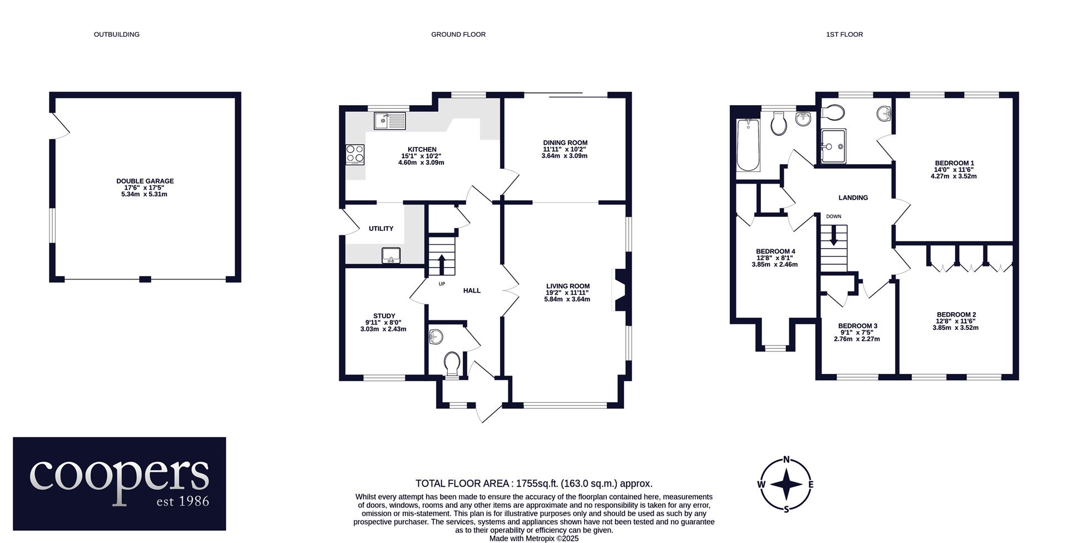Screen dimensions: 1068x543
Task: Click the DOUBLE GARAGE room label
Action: coord(145,181)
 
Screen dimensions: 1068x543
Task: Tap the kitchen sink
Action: coord(390,121)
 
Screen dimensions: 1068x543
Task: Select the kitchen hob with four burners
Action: coord(355,154)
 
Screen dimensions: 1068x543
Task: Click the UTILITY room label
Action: coord(381,229)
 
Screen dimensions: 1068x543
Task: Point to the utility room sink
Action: coord(391,255)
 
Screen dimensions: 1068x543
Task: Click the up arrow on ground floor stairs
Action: coord(442,265)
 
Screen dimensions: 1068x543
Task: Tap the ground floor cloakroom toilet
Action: coord(452,365)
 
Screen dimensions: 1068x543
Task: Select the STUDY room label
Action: coord(384,316)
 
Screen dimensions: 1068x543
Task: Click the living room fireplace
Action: coord(619,290)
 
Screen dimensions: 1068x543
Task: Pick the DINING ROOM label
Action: coord(565,143)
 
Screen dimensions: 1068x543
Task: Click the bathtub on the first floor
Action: coord(748,145)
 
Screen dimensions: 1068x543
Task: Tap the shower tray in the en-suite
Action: coord(833,147)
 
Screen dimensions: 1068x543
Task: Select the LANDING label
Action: coord(853,198)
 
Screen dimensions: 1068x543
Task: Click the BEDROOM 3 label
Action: coord(858,326)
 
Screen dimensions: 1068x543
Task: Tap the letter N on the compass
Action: coord(787,460)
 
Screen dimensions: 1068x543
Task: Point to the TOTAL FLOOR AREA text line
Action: coord(534,483)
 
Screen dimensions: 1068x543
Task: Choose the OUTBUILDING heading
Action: coord(116,34)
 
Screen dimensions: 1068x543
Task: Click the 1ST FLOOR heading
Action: coord(844,34)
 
